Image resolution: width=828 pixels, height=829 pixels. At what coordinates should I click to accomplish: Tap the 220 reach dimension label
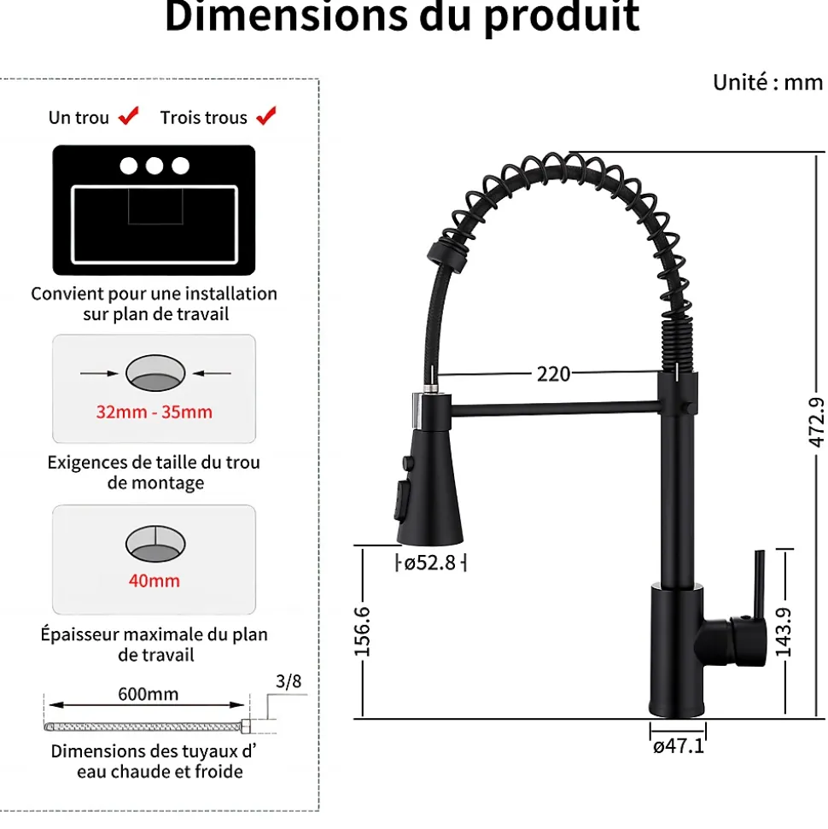pyautogui.click(x=553, y=374)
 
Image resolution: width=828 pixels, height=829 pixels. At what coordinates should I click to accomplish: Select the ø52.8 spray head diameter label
pyautogui.click(x=430, y=563)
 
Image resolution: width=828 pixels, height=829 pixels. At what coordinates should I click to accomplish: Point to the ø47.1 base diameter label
pyautogui.click(x=679, y=746)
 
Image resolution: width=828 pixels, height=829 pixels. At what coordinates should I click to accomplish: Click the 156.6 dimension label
pyautogui.click(x=362, y=632)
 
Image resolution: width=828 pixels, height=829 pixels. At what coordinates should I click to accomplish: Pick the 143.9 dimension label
pyautogui.click(x=783, y=632)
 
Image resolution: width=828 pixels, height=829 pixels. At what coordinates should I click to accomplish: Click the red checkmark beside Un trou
pyautogui.click(x=129, y=116)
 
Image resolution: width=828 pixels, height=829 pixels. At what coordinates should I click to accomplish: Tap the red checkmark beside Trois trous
pyautogui.click(x=266, y=116)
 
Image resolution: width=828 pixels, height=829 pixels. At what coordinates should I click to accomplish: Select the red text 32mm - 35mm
pyautogui.click(x=154, y=412)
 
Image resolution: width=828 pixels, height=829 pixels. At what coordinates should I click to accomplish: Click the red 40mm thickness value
pyautogui.click(x=155, y=581)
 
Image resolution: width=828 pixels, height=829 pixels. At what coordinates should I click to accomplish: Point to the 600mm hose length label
pyautogui.click(x=149, y=694)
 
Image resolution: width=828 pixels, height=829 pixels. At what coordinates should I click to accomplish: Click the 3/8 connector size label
pyautogui.click(x=289, y=681)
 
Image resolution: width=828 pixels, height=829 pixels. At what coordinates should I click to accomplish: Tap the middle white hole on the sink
pyautogui.click(x=154, y=166)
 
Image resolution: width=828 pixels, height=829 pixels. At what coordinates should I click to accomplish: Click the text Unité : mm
pyautogui.click(x=767, y=82)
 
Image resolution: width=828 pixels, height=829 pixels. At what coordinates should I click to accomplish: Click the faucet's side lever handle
pyautogui.click(x=756, y=589)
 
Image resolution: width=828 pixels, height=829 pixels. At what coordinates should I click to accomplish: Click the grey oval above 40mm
pyautogui.click(x=155, y=543)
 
